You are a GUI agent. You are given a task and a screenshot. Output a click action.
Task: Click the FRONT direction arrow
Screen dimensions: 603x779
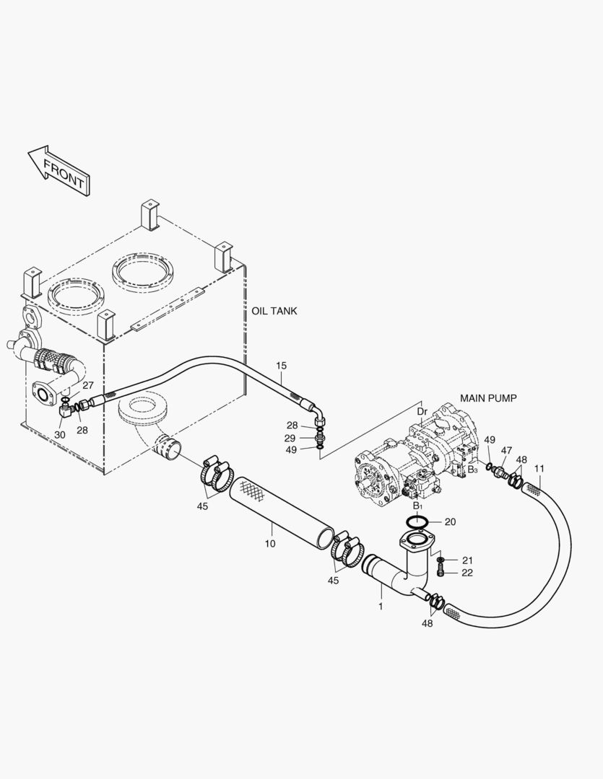(58, 170)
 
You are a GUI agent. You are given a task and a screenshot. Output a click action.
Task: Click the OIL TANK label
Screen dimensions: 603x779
(274, 311)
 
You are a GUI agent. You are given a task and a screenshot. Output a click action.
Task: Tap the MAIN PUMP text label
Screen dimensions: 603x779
(488, 398)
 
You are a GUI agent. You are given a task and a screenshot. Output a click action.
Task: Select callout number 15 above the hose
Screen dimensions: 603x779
(281, 366)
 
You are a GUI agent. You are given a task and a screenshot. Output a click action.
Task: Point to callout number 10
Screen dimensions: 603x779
(269, 544)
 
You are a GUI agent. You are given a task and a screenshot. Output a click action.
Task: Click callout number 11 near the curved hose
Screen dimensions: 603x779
(539, 469)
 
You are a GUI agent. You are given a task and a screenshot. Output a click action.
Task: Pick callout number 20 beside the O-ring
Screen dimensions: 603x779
(450, 521)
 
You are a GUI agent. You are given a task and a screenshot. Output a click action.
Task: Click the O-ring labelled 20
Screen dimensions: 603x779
(417, 521)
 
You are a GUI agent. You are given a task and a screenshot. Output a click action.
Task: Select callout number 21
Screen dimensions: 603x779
(467, 560)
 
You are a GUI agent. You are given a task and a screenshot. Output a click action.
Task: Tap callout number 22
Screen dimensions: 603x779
(467, 573)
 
